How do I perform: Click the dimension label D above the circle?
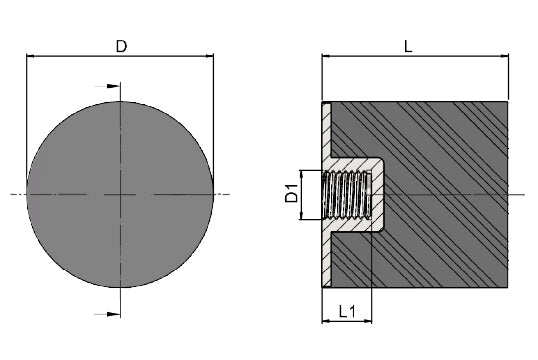click(121, 46)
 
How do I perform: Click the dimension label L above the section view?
click(408, 46)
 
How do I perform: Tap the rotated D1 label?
click(292, 193)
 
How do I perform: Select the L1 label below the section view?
click(347, 311)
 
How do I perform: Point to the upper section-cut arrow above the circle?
click(107, 86)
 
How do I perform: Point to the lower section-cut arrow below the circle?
click(107, 314)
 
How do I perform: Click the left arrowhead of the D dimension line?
click(31, 56)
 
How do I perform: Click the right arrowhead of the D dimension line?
click(209, 56)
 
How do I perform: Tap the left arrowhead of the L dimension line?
click(326, 56)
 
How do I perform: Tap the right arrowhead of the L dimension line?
click(504, 56)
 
